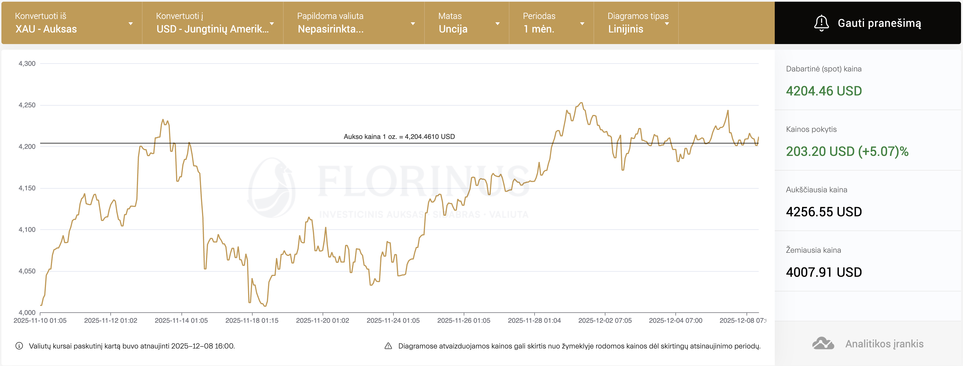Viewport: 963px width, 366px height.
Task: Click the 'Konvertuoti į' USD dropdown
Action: tap(213, 23)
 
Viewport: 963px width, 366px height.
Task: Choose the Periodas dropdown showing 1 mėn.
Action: tap(551, 23)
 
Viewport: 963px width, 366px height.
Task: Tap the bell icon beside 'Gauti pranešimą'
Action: tap(821, 23)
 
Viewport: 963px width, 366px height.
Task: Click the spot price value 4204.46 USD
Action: tap(824, 91)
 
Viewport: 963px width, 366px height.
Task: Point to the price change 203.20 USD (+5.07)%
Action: tap(847, 151)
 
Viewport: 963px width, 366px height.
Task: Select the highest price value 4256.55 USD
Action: tap(824, 212)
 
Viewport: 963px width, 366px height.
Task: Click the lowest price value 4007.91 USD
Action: tap(824, 272)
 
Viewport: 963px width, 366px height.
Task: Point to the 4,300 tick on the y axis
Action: tap(27, 64)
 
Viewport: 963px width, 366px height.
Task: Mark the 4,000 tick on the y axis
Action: tap(27, 313)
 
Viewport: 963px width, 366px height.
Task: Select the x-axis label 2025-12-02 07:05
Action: tap(605, 321)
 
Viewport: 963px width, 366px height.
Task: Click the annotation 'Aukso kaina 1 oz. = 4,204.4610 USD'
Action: tap(399, 137)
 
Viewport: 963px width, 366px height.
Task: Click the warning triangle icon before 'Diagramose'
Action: tap(388, 346)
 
